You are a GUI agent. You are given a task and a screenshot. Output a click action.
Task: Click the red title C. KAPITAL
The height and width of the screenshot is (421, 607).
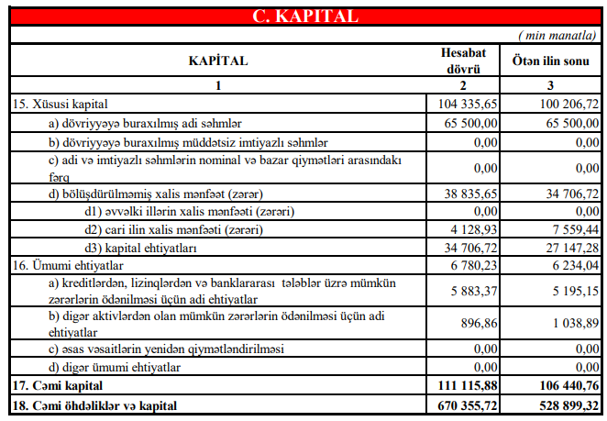[x=303, y=16]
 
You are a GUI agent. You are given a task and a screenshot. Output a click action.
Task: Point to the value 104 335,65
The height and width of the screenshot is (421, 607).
[x=466, y=105]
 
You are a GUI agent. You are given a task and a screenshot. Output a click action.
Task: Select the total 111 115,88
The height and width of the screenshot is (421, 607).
[x=466, y=386]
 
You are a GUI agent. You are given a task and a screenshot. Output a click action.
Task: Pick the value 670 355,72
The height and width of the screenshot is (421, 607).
[x=466, y=404]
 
